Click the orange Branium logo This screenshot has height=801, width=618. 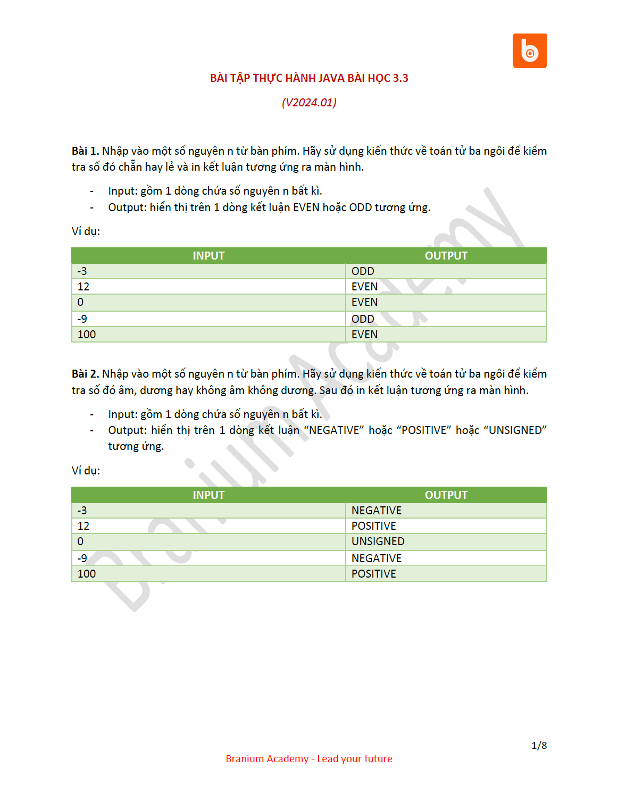tap(529, 51)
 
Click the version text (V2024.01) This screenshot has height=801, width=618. tap(309, 103)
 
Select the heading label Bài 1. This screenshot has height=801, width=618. tap(85, 151)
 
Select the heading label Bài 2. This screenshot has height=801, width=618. tap(85, 374)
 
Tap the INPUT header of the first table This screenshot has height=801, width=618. tap(208, 256)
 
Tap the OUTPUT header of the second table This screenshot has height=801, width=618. tap(446, 495)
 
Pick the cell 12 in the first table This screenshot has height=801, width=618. tap(83, 287)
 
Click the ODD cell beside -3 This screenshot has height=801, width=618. tap(363, 271)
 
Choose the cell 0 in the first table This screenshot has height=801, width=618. tap(80, 302)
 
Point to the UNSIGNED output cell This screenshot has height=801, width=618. tap(378, 541)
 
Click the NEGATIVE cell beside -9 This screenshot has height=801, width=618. tap(376, 558)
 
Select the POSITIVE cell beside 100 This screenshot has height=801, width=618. tap(373, 574)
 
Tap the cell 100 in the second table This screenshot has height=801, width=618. tap(87, 574)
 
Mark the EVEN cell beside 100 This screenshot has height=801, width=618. tap(364, 335)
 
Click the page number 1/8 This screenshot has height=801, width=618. tap(539, 746)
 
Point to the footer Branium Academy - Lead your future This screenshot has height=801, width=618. tap(309, 759)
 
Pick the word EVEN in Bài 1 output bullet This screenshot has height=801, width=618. tap(306, 207)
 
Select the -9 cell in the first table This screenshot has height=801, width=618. tap(82, 319)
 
